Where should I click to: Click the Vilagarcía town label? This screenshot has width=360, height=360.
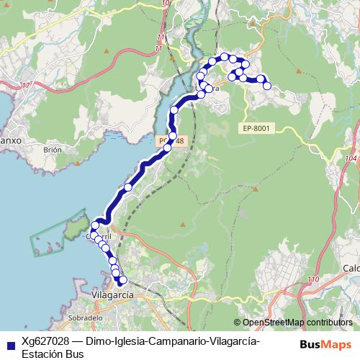113,295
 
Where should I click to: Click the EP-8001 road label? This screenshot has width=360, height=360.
256,128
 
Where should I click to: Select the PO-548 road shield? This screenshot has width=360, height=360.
171,141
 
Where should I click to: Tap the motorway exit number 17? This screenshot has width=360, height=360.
27,86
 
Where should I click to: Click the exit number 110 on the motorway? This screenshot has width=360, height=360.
312,279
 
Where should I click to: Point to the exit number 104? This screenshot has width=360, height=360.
351,158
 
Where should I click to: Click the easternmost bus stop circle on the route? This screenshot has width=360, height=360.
267,86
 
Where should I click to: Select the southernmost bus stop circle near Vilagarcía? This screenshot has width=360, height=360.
122,280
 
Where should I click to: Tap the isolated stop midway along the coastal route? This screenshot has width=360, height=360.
128,187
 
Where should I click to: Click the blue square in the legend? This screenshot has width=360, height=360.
9,344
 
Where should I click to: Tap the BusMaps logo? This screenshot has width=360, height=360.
325,344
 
